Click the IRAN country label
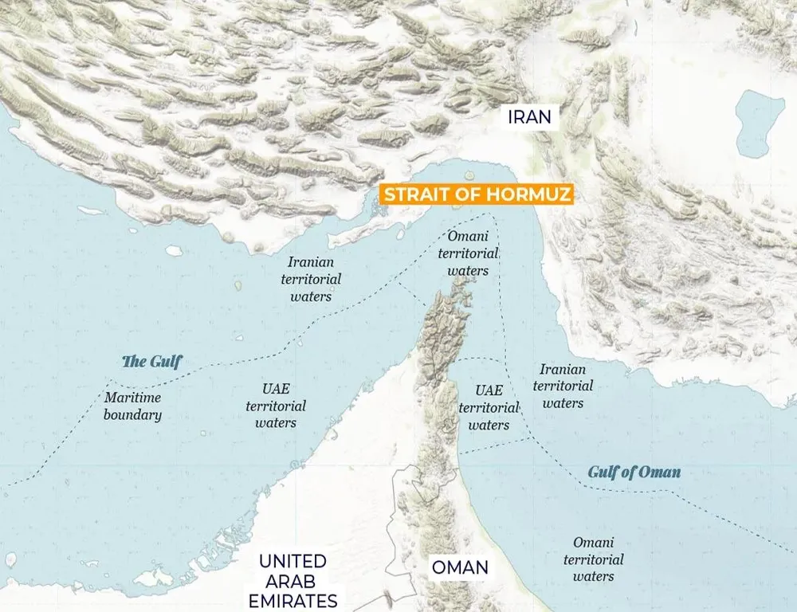click(530, 117)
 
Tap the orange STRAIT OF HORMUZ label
click(477, 195)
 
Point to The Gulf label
click(151, 362)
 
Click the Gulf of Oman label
click(634, 472)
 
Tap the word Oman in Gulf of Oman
click(662, 472)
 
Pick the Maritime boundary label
click(132, 406)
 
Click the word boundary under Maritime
click(132, 414)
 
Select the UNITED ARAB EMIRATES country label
click(292, 581)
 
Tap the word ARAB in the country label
click(292, 581)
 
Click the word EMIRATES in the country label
click(292, 600)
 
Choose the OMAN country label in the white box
click(460, 568)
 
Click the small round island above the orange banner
click(469, 176)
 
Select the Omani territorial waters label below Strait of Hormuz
click(469, 253)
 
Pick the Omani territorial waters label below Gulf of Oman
click(594, 559)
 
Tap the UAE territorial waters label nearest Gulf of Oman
click(489, 408)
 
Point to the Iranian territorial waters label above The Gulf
click(311, 279)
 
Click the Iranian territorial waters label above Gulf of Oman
click(563, 386)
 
